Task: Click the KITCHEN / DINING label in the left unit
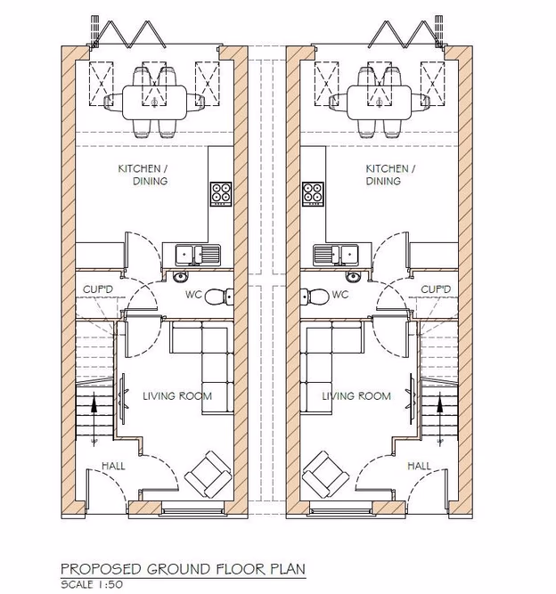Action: coord(143,175)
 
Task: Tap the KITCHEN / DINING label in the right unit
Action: coord(388,175)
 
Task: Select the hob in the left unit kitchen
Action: coord(220,191)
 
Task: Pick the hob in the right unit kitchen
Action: coord(312,191)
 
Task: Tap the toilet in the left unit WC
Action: coord(217,297)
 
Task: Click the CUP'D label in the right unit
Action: coord(437,289)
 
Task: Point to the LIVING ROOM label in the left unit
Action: coord(177,396)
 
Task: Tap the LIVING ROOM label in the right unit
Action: coord(356,396)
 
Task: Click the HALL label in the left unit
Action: coord(113,466)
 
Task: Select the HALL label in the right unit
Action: coord(419,466)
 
